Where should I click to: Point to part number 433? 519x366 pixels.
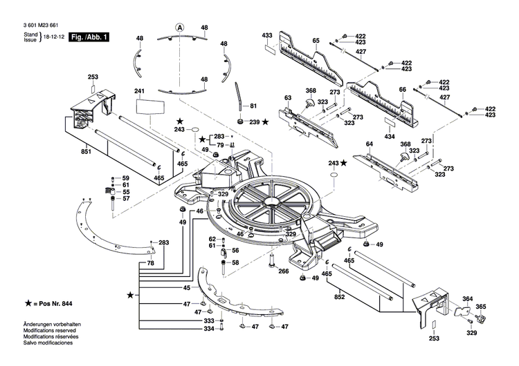pos(267,35)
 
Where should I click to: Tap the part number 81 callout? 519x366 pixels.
pos(253,106)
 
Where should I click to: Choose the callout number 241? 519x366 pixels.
pos(138,92)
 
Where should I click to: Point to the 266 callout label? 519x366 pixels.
pos(284,271)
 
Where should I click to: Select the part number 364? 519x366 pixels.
pos(468,299)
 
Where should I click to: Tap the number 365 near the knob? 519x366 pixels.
pos(481,307)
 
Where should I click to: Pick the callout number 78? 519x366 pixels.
pos(151,264)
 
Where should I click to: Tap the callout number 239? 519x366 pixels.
pos(254,122)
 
